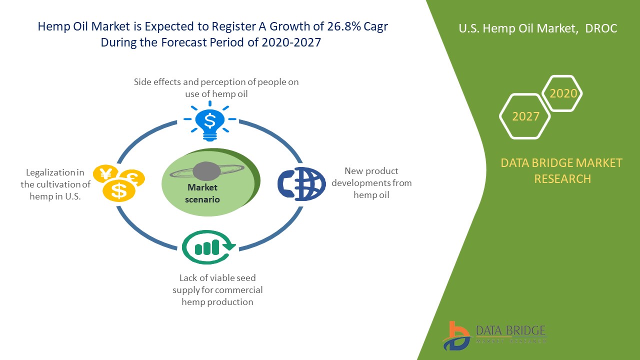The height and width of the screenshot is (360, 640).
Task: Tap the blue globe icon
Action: pyautogui.click(x=302, y=183)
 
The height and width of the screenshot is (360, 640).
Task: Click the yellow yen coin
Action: pyautogui.click(x=105, y=174)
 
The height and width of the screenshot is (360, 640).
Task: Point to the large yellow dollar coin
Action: pyautogui.click(x=118, y=190)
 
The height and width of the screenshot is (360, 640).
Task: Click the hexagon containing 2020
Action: pyautogui.click(x=562, y=93)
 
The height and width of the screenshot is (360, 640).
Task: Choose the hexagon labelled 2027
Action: pyautogui.click(x=525, y=116)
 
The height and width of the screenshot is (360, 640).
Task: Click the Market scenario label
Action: pyautogui.click(x=203, y=193)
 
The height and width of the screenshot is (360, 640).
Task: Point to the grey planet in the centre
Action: pyautogui.click(x=206, y=171)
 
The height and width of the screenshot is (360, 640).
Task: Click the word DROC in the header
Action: pyautogui.click(x=602, y=28)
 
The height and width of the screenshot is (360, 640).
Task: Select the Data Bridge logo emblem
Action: pyautogui.click(x=456, y=335)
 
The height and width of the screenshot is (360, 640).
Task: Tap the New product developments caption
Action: pyautogui.click(x=371, y=183)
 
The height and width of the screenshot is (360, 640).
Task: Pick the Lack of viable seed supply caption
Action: pyautogui.click(x=217, y=289)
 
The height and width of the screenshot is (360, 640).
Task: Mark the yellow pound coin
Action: pyautogui.click(x=134, y=177)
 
